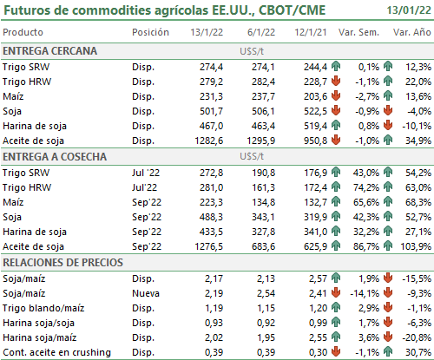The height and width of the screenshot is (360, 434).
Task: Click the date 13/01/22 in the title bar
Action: tap(409, 10)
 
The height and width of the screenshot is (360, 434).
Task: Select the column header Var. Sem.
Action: tap(358, 32)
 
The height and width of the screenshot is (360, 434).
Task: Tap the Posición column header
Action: tap(150, 32)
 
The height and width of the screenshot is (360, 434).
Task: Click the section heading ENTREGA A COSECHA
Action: tap(55, 157)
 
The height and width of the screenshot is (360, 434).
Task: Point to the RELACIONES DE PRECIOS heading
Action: tap(62, 263)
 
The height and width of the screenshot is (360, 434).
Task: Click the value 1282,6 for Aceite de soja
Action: tap(209, 141)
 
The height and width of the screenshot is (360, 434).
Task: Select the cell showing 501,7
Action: tap(211, 111)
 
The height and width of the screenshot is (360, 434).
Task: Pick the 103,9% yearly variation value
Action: tap(416, 246)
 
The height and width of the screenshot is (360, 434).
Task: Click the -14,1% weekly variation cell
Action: tap(365, 293)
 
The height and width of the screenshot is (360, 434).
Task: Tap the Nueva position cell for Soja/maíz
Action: tap(146, 293)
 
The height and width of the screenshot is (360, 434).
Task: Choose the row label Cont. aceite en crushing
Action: tap(56, 352)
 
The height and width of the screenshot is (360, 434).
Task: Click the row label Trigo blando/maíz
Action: tap(43, 308)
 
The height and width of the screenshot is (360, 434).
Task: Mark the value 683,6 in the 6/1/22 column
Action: tap(263, 246)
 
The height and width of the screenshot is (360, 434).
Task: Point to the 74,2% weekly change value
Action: tap(366, 187)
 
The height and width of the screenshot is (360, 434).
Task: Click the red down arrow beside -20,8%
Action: tap(388, 337)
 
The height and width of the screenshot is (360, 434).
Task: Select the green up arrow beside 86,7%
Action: tap(336, 246)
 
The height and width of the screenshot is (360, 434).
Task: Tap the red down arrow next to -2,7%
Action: tap(336, 95)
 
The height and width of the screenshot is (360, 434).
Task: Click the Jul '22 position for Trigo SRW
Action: tap(146, 173)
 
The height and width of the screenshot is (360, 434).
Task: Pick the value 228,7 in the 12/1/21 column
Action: tap(315, 82)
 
